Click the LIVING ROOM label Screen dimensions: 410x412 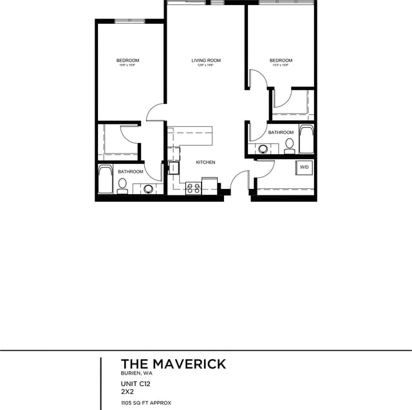[x=206, y=61]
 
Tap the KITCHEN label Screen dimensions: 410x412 [x=206, y=162]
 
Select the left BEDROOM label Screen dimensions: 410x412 [x=127, y=61]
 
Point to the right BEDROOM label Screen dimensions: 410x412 [x=281, y=61]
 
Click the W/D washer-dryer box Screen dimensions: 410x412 [x=304, y=168]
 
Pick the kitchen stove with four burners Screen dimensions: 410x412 [x=193, y=188]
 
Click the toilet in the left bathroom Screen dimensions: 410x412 [x=122, y=184]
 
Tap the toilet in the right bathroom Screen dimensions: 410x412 [x=290, y=144]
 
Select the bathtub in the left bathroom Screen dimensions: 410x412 [x=105, y=181]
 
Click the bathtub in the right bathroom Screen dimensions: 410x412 [x=306, y=139]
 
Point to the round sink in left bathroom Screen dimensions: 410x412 [x=149, y=189]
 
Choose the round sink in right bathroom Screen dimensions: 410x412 [x=263, y=149]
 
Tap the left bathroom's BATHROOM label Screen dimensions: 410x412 [x=130, y=171]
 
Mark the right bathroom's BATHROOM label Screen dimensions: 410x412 [x=281, y=133]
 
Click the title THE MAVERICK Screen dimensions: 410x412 [x=174, y=364]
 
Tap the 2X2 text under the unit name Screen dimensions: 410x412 [x=127, y=391]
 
